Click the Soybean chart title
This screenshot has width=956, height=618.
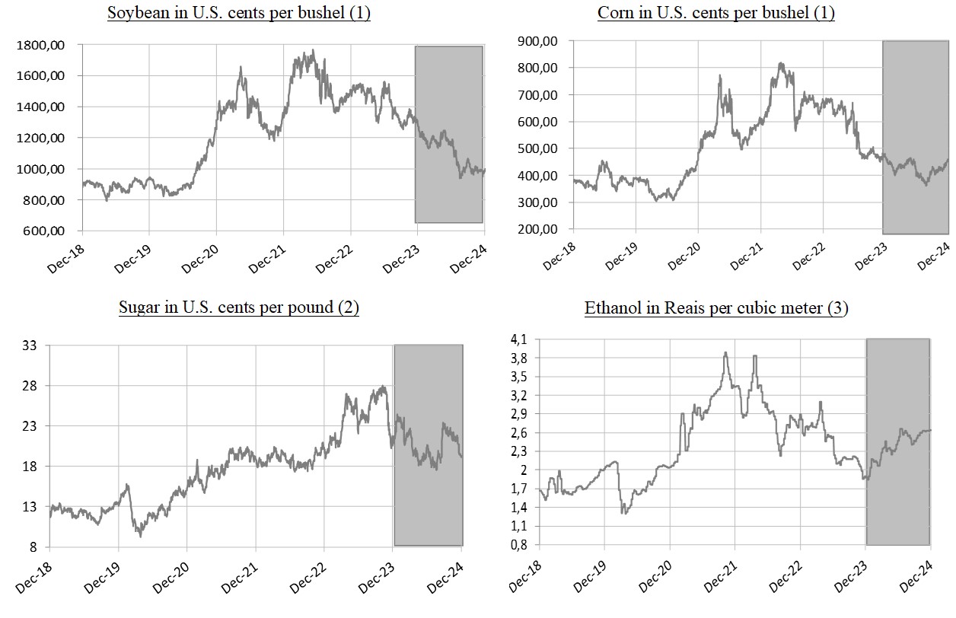239,14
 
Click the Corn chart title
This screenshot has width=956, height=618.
715,14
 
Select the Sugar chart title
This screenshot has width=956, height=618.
239,307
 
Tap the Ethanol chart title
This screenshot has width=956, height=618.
715,307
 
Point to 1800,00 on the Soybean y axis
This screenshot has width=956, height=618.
40,46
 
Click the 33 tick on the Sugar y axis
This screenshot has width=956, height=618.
32,346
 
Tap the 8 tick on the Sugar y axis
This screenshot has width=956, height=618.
35,547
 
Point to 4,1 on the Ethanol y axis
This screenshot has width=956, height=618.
519,339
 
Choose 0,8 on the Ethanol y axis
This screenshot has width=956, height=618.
519,545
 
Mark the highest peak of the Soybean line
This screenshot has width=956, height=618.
314,51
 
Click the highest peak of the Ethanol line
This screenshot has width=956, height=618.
725,352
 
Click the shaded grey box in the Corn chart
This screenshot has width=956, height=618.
916,137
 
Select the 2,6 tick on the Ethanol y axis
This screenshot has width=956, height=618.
519,432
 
